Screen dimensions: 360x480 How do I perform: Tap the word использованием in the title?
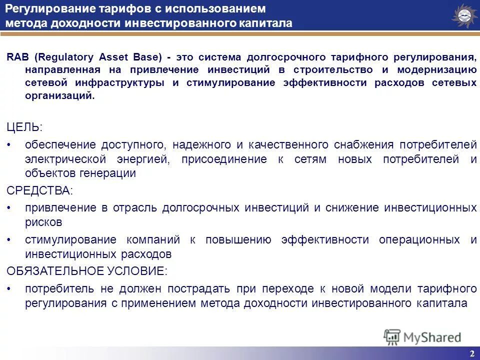215,9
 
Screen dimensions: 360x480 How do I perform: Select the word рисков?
44,221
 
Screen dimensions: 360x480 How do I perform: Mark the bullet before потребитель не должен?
10,289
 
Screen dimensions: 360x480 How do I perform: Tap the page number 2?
472,353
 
